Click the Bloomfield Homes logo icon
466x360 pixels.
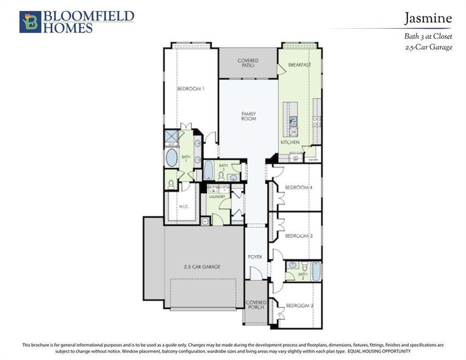30,22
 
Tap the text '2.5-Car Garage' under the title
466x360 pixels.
429,47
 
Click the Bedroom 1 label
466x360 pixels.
191,89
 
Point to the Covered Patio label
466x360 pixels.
248,62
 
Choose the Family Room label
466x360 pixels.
248,116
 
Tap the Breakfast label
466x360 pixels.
299,64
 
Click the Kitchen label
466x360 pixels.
290,142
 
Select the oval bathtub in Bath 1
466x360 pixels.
172,159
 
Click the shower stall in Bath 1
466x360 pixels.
172,136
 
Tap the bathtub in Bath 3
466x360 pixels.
209,170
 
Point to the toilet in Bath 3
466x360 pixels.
233,178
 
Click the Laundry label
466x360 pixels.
217,196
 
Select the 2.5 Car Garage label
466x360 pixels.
202,266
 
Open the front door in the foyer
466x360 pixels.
256,274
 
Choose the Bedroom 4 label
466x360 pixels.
299,188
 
